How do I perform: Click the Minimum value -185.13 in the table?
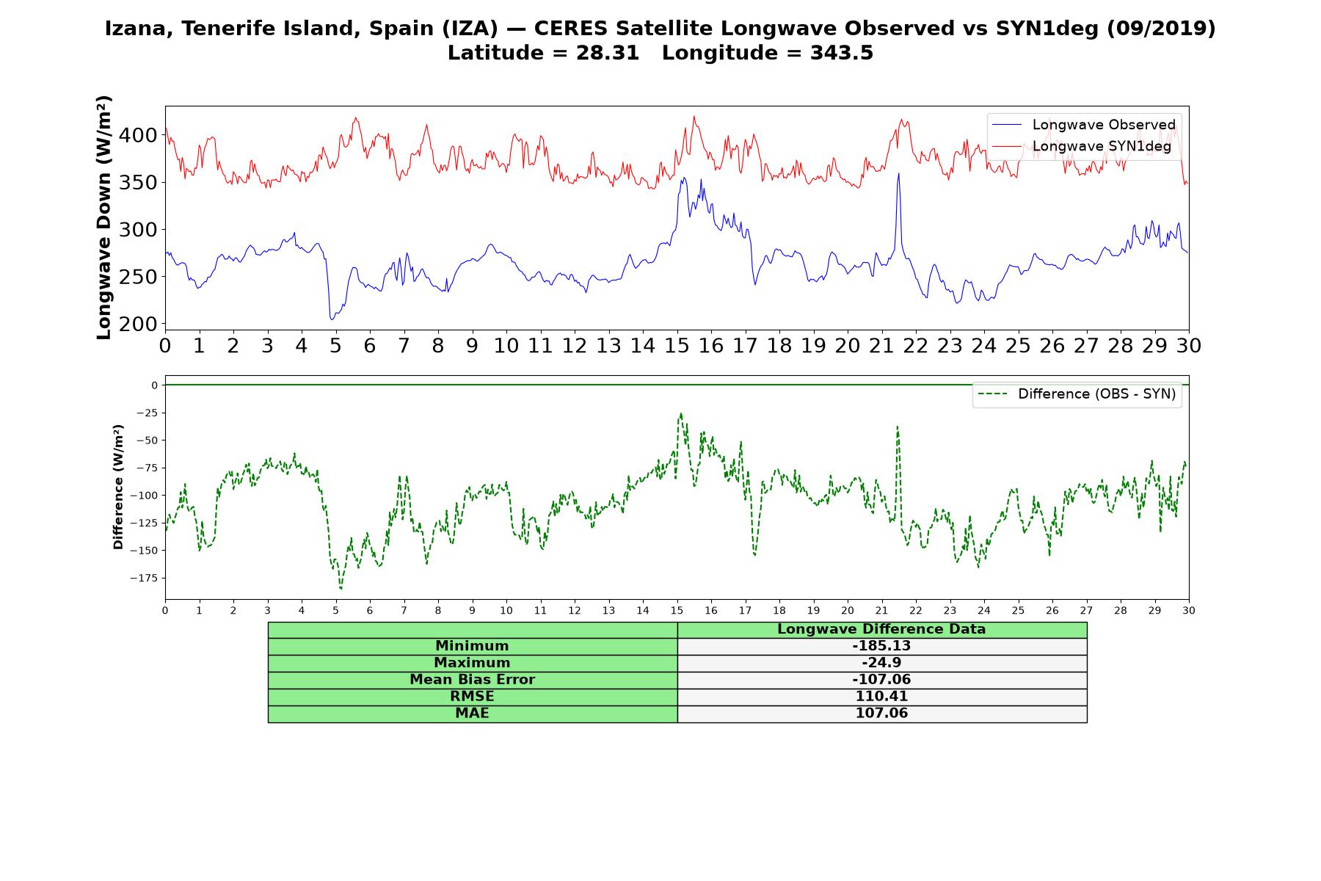point(881,646)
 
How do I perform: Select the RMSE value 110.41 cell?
point(881,697)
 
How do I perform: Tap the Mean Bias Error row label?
point(472,680)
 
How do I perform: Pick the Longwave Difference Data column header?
point(881,629)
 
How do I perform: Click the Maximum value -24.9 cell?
point(881,663)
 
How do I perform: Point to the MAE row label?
point(472,714)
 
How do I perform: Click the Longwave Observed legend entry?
point(1083,125)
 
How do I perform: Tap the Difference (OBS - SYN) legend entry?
point(1077,394)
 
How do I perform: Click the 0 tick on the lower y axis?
point(155,385)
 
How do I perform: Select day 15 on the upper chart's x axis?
point(677,346)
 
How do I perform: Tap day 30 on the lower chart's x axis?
point(1189,610)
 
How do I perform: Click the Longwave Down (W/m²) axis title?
point(103,217)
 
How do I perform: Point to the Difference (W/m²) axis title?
point(118,487)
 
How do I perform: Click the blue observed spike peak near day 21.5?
point(898,173)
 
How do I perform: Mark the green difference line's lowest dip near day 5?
point(341,589)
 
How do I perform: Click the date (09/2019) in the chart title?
point(1161,29)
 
